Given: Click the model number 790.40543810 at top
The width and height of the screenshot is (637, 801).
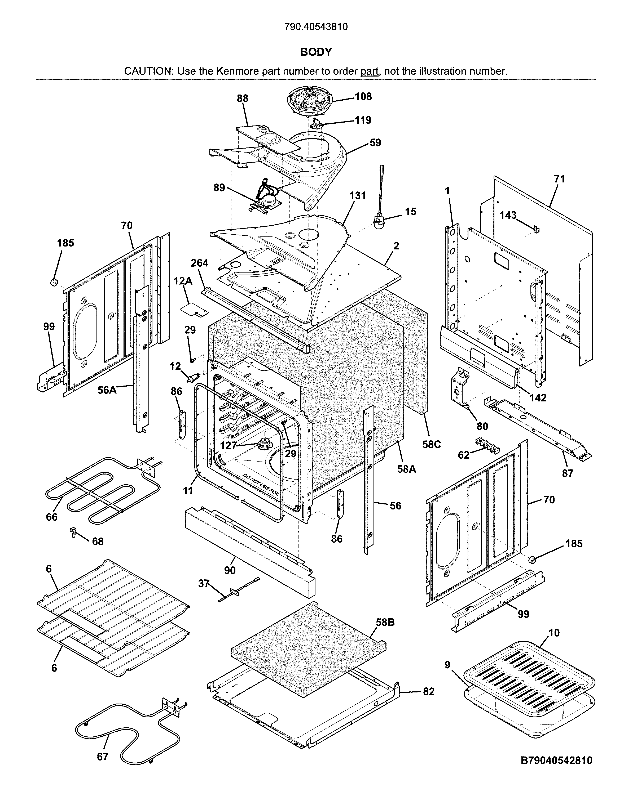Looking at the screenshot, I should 316,27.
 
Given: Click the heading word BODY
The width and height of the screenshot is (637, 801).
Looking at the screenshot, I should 316,52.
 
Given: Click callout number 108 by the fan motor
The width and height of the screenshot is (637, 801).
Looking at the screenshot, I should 363,97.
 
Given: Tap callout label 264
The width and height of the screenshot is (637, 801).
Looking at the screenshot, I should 199,263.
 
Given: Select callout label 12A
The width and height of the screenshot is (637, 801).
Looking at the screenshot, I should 183,281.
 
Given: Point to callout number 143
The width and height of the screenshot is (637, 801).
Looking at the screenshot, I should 508,216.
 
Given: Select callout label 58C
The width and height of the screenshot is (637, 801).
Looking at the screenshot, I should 431,444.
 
